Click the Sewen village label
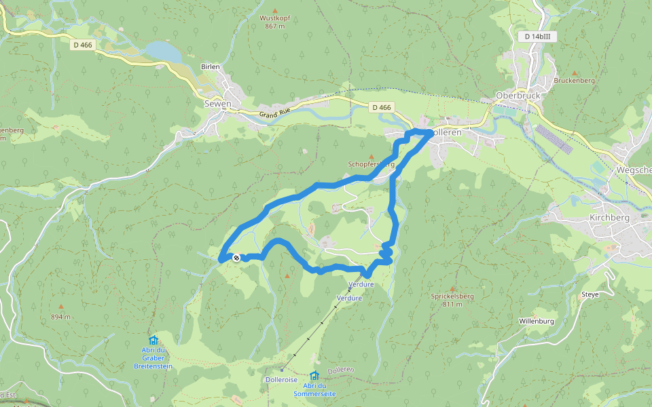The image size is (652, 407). (217, 104)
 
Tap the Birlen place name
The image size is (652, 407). (211, 66)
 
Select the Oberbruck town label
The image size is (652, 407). (518, 96)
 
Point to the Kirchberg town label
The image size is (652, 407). (609, 218)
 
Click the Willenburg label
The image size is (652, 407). (537, 320)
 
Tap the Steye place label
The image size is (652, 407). (590, 294)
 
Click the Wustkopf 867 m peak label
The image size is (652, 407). (275, 22)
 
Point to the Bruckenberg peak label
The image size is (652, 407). (574, 80)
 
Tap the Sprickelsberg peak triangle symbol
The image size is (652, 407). (452, 289)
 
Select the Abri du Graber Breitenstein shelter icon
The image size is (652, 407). (153, 340)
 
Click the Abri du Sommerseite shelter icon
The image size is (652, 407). (314, 375)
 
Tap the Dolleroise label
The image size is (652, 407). (282, 380)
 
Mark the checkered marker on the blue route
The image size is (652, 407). (236, 257)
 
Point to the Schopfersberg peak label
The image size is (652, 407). (371, 164)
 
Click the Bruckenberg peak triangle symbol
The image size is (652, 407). (574, 73)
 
